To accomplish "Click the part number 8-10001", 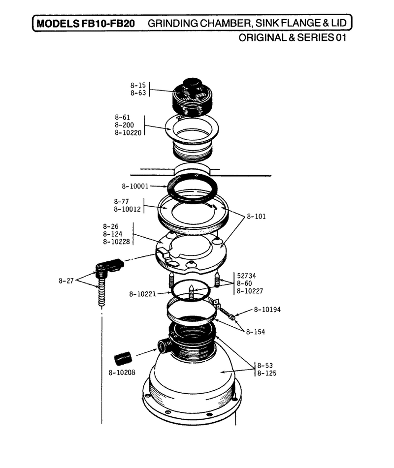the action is coord(135,186).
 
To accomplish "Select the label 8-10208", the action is coord(122,373).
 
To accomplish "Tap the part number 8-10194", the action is coord(267,310).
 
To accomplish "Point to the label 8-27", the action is coord(66,281).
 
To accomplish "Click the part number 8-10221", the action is coord(142,294).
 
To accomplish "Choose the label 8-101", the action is coord(256,217).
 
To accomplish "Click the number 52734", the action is coord(246,276).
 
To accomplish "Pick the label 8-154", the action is coord(256,332).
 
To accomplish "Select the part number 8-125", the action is coord(267,373).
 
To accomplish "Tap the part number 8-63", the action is coord(138,93).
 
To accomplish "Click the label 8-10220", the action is coord(128,133).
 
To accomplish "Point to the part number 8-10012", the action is coord(127,209).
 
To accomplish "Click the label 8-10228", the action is coord(117,242).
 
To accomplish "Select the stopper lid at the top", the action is coord(193,97).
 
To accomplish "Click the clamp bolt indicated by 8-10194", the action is coord(228,313).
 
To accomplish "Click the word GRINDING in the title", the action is coord(173,23).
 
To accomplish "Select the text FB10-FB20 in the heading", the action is coord(108,23).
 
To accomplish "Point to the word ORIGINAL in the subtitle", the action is coord(263,37).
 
